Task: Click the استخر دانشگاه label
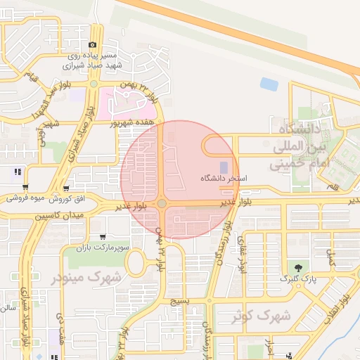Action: tap(224, 179)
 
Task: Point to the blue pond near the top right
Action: tap(269, 84)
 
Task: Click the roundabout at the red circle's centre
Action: tap(162, 203)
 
